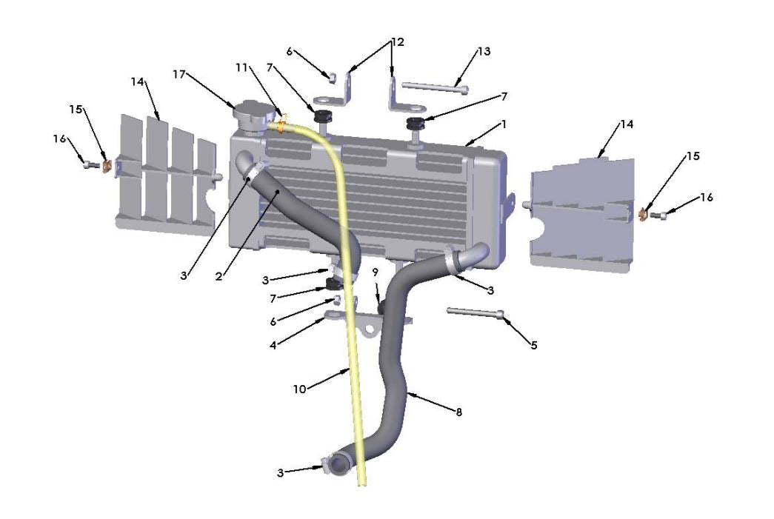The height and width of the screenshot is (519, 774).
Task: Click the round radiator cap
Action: point(250,115)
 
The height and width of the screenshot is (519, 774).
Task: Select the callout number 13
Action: point(484,52)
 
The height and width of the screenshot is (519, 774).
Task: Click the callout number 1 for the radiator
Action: point(503,125)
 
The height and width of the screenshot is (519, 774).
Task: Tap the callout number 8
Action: point(458,412)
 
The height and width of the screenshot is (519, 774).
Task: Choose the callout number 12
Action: point(398,42)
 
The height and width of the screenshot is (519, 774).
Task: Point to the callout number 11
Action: point(241,67)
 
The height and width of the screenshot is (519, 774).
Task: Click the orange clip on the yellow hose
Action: point(281,115)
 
